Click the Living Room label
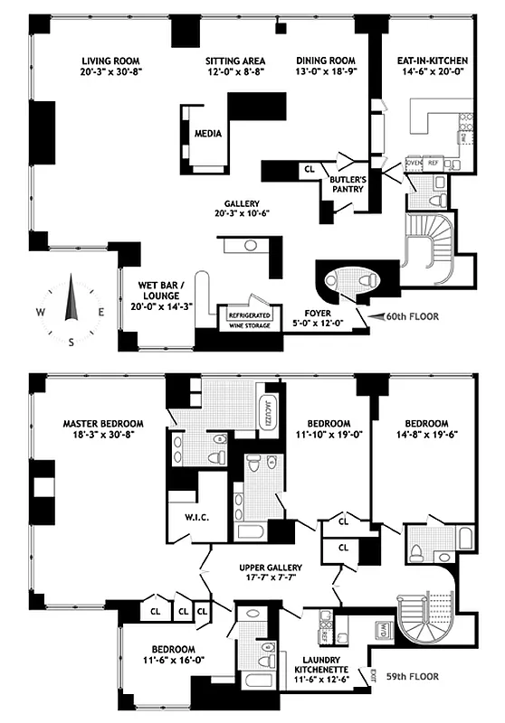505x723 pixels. (101, 61)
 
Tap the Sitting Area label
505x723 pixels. (233, 61)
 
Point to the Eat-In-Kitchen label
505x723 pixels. (426, 61)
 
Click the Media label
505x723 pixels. (208, 134)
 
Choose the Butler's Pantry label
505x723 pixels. (347, 184)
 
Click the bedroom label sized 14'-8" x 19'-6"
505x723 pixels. (426, 423)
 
